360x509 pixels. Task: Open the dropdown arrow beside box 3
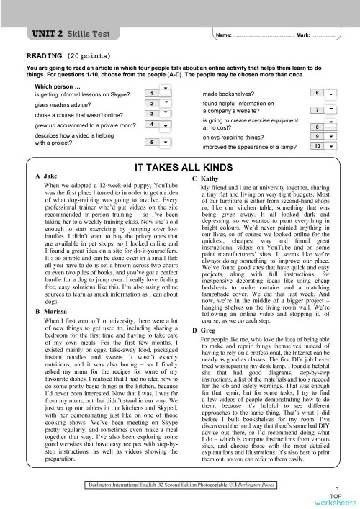click(x=166, y=112)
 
